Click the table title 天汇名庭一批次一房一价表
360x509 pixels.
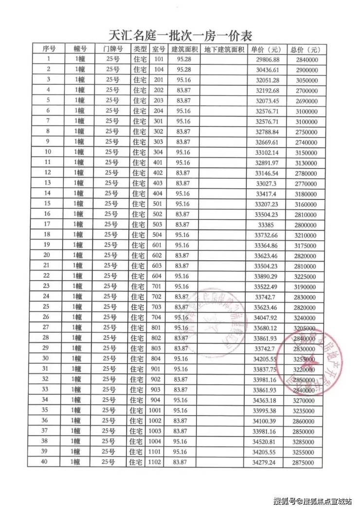point(180,35)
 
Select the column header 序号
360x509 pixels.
point(49,49)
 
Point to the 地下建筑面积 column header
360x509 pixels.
point(223,49)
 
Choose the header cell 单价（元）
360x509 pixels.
point(266,49)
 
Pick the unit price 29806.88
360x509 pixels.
point(268,59)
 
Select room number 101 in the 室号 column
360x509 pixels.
point(159,59)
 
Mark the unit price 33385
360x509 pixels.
point(268,224)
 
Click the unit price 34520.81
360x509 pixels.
point(268,441)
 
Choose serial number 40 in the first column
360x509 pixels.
point(45,461)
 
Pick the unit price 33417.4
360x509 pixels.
point(268,193)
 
